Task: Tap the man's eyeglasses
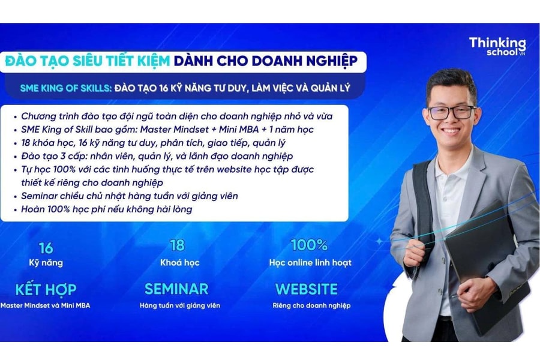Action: [x=452, y=112]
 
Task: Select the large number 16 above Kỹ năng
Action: [x=46, y=247]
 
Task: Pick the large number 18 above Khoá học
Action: [x=177, y=245]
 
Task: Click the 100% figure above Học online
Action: [x=309, y=245]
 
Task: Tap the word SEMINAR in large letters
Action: [x=176, y=289]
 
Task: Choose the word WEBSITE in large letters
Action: [x=306, y=289]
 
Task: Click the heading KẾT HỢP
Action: [x=46, y=289]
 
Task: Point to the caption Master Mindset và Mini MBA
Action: [x=46, y=305]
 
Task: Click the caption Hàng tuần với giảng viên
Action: [x=180, y=305]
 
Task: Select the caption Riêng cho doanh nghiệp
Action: [x=311, y=305]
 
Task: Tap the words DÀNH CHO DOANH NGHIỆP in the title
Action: [x=265, y=61]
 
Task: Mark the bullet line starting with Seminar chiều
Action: [x=129, y=196]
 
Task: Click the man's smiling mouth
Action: [x=451, y=131]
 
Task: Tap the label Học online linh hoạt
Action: [x=310, y=262]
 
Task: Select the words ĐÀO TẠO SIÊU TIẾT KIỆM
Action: [x=87, y=61]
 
